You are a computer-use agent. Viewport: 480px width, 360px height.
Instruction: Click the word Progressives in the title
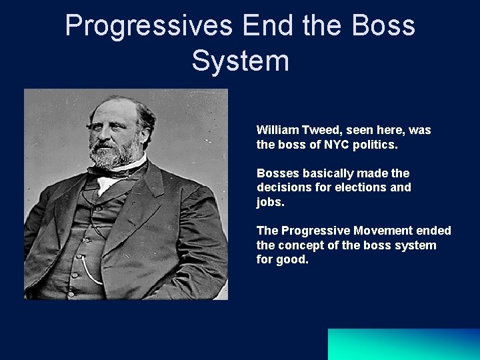tap(148, 26)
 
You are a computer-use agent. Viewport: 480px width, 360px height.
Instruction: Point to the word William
tap(277, 130)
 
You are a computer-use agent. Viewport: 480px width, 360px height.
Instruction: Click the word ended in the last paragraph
tap(435, 231)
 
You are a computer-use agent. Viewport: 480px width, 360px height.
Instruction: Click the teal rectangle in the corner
tap(403, 344)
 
